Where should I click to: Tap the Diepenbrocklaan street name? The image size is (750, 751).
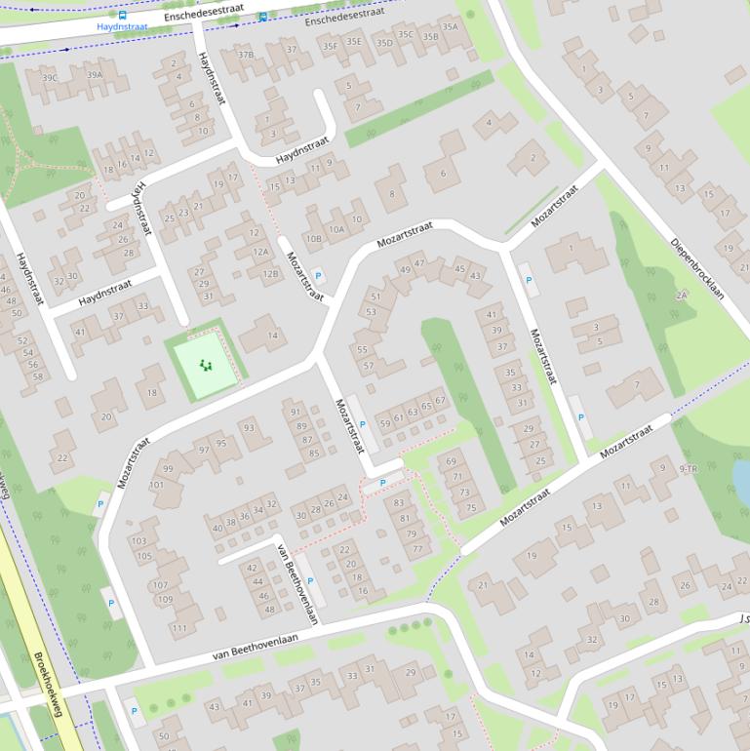tap(699, 269)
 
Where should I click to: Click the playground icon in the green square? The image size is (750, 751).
tap(205, 365)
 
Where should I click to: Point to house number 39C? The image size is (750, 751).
tap(49, 77)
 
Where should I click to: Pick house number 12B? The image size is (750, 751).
tap(269, 274)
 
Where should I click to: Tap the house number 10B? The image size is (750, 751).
tap(313, 237)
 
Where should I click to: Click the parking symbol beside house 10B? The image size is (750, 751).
tap(317, 276)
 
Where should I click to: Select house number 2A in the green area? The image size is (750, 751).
tap(682, 294)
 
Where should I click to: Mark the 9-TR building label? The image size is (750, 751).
tap(689, 470)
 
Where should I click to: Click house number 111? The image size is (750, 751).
tap(178, 628)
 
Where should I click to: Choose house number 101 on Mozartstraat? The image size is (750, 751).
tap(156, 485)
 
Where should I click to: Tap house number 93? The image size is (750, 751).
tap(250, 427)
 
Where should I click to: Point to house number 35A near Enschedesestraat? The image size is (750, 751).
tap(449, 27)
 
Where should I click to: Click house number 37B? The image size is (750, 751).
tap(246, 55)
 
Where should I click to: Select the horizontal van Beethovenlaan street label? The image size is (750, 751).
tap(257, 645)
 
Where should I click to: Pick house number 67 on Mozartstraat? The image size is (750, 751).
tap(440, 400)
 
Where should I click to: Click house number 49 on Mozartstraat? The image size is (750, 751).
tap(405, 269)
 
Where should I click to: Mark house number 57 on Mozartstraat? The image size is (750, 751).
tap(369, 366)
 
